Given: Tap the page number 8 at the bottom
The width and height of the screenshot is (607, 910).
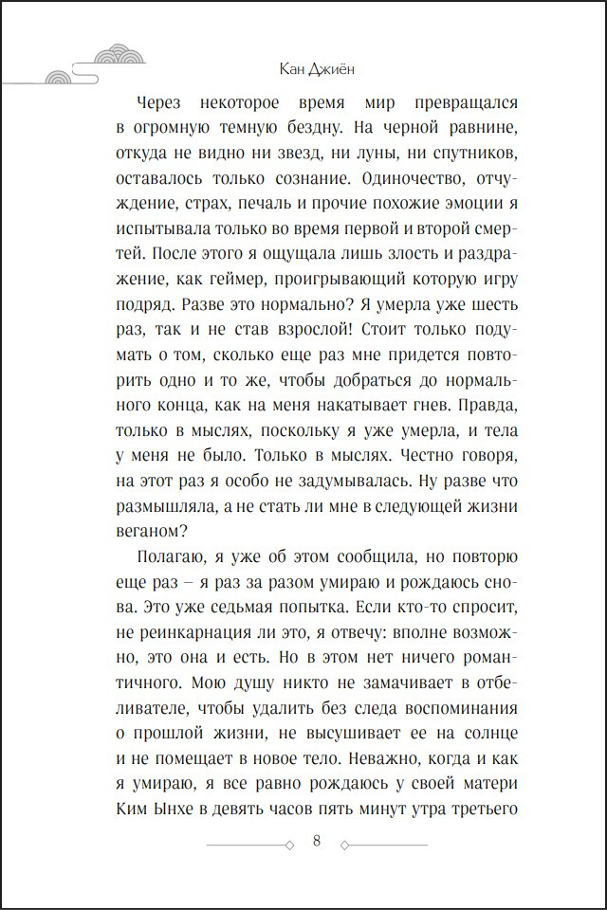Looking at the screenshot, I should point(316,842).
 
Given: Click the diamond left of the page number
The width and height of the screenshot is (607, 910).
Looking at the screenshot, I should point(287,844).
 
